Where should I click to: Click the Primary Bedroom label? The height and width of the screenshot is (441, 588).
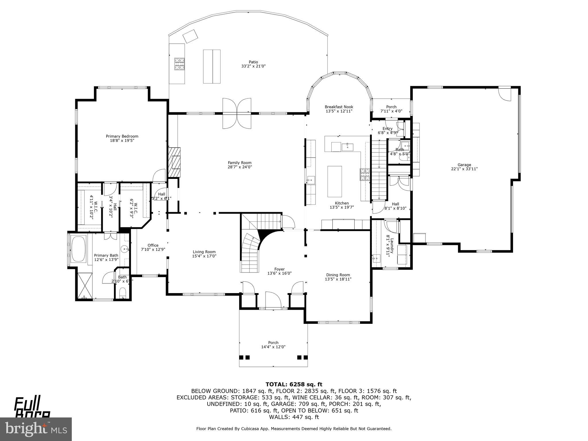tap(122, 136)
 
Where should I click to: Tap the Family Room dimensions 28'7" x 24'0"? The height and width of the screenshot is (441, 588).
tap(240, 167)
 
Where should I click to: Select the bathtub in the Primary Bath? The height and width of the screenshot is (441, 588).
tap(78, 249)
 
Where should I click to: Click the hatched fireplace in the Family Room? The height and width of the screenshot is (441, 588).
tap(174, 162)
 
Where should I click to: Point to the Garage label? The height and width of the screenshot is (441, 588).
tap(464, 165)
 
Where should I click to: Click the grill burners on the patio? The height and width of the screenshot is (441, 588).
tap(180, 64)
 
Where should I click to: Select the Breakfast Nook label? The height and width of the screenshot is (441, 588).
tap(339, 107)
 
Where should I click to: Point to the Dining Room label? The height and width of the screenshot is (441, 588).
tap(338, 275)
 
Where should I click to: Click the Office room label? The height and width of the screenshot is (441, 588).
tap(153, 245)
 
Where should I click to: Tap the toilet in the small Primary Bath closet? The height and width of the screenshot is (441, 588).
tap(123, 293)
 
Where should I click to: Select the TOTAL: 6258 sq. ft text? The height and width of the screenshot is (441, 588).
tap(294, 384)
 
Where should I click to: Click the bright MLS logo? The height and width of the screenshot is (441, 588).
tap(36, 429)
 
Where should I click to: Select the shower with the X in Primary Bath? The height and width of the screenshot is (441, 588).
tap(85, 285)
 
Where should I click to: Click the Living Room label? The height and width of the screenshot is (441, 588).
tap(204, 252)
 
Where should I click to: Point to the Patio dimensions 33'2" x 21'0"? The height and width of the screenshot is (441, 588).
tap(253, 66)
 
